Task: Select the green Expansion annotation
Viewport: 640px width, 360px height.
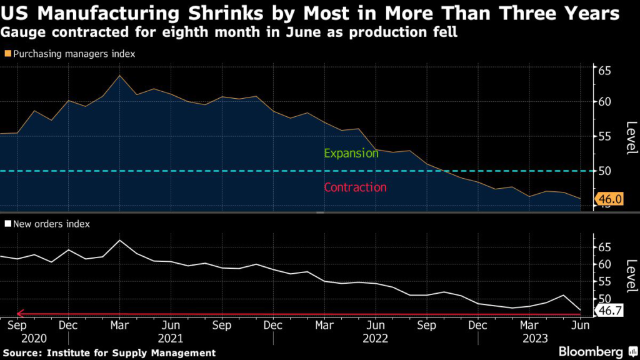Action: (x=351, y=153)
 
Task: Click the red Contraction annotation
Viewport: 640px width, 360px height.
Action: (x=355, y=187)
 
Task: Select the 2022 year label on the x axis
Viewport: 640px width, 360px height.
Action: (x=376, y=338)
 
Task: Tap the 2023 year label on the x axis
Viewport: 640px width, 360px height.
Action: (x=535, y=338)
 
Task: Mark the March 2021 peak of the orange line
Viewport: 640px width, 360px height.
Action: (x=119, y=76)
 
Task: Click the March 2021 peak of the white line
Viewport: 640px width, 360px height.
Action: (x=119, y=240)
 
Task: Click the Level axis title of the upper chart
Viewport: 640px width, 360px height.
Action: (x=630, y=137)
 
